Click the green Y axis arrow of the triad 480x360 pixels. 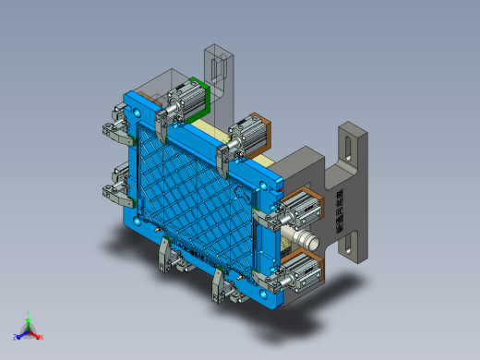coord(29,317)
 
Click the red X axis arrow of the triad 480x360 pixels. coord(39,336)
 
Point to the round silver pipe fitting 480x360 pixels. coord(306,242)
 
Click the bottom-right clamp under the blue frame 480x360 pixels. coord(222,285)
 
